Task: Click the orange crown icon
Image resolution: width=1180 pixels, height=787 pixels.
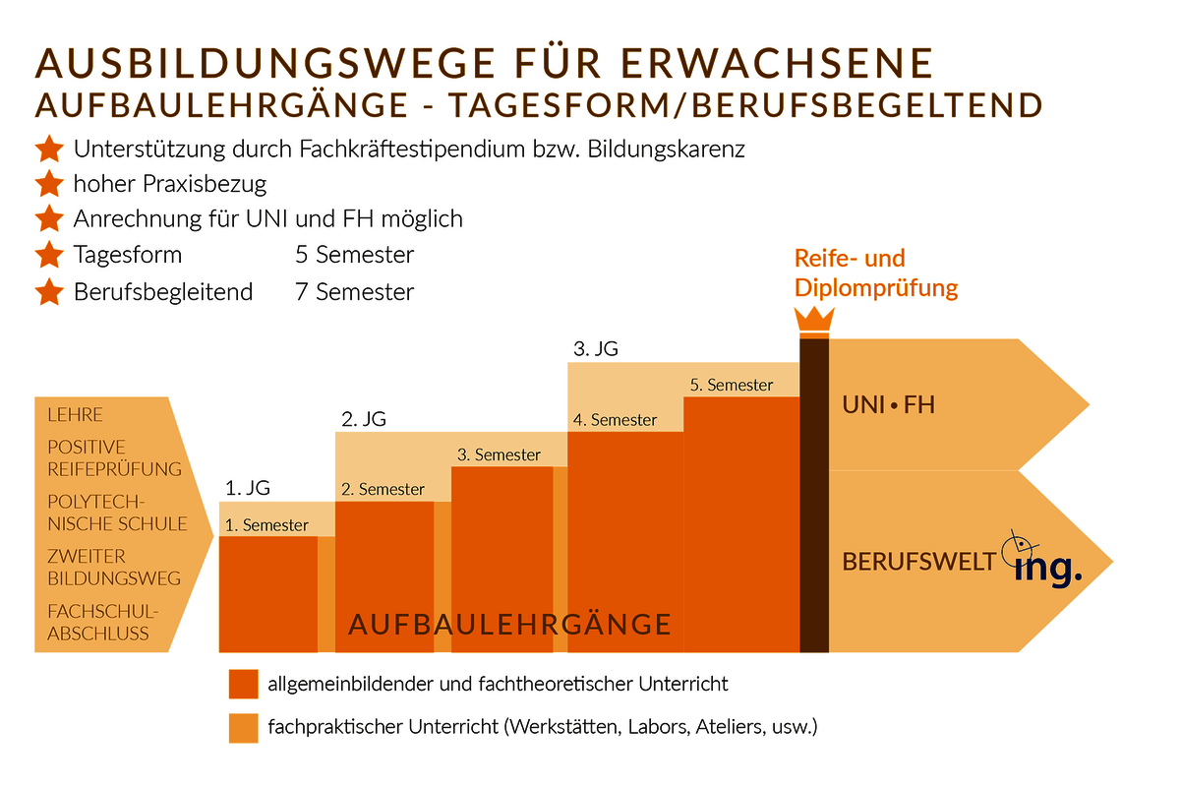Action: (x=814, y=321)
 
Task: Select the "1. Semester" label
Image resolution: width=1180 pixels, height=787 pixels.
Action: (x=267, y=525)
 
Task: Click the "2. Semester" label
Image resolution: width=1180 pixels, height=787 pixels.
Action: (x=383, y=489)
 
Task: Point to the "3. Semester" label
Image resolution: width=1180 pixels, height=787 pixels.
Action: (x=500, y=454)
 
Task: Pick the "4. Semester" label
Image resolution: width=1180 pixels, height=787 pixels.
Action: (x=616, y=420)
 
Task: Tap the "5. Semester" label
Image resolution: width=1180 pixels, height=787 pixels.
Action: (x=732, y=385)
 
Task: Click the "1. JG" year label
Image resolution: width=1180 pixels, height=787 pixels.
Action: (x=247, y=487)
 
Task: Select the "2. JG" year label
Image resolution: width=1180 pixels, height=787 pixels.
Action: (x=364, y=418)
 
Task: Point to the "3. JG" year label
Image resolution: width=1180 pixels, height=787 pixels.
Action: (x=596, y=348)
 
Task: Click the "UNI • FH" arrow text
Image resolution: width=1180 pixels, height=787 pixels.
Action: (x=888, y=404)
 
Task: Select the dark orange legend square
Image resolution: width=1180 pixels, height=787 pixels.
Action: (x=243, y=684)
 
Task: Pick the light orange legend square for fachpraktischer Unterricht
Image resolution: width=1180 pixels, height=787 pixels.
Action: (x=243, y=729)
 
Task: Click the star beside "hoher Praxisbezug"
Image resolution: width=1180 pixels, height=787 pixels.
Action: (x=48, y=184)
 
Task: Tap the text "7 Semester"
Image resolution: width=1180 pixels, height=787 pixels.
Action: (x=354, y=292)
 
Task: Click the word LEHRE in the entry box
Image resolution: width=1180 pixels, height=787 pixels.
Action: (x=75, y=415)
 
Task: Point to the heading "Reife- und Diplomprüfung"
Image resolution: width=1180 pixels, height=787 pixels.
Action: (x=875, y=273)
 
